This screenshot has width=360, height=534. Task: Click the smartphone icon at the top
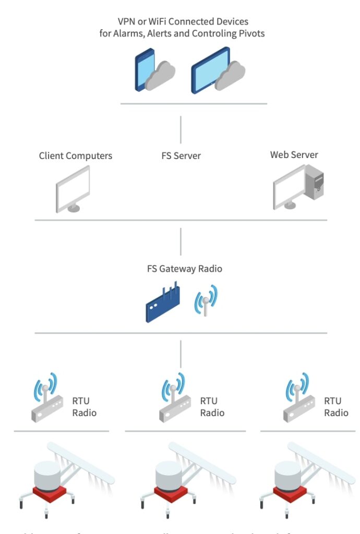click(145, 70)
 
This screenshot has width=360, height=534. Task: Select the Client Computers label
click(76, 155)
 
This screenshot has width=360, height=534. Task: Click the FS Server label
click(181, 155)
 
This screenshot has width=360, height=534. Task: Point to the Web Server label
click(294, 154)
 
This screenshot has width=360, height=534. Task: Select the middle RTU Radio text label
click(212, 407)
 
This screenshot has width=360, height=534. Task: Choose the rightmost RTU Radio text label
click(336, 407)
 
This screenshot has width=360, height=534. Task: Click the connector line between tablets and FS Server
click(181, 129)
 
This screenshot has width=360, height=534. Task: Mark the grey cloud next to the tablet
click(231, 76)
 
